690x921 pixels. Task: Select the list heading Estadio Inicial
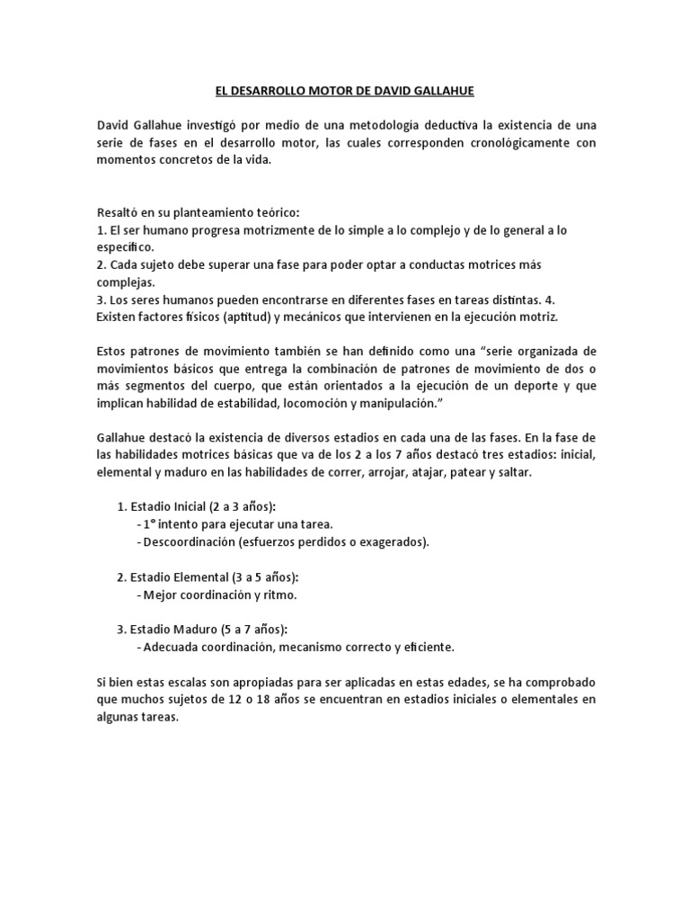(173, 506)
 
